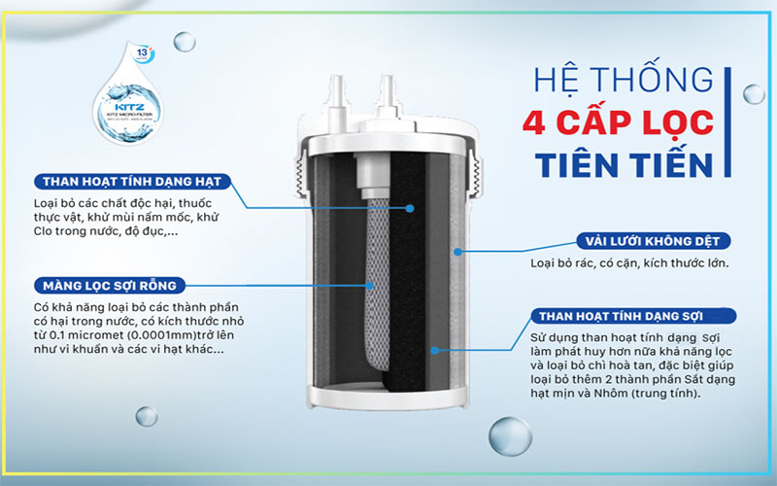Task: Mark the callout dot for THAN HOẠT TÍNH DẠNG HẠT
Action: point(410,208)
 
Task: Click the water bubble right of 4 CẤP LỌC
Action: point(753,94)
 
